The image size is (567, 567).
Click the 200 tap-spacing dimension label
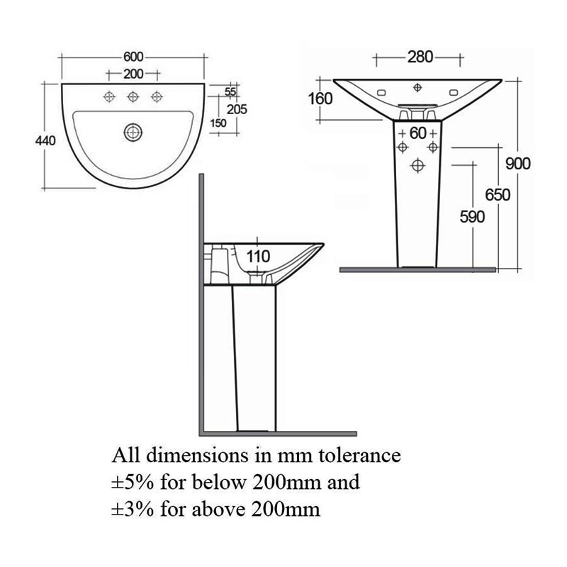click(133, 74)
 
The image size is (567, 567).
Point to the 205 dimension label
click(237, 108)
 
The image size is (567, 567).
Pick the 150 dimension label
click(219, 123)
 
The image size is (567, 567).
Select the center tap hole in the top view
click(133, 97)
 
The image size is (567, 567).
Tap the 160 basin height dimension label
click(321, 99)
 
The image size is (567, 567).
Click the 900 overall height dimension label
click(518, 164)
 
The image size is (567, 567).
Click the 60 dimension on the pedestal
click(418, 133)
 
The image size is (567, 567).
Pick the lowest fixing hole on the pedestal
click(417, 165)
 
